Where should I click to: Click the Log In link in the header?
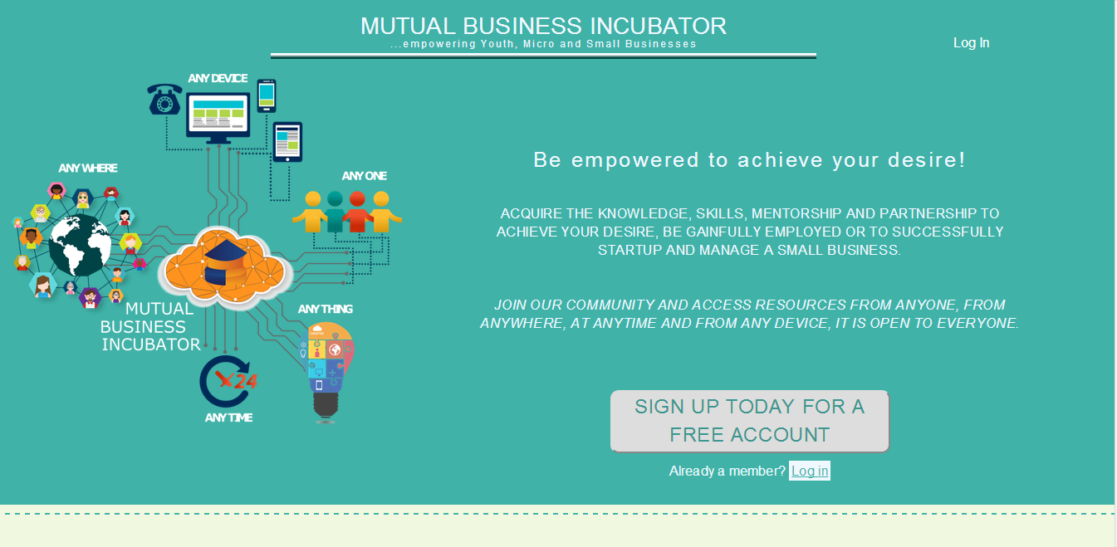point(971,43)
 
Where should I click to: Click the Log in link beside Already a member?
point(810,471)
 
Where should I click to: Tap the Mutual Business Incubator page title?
point(543,26)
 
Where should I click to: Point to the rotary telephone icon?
point(164,99)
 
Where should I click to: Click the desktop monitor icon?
point(218,118)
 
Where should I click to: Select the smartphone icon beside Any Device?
point(267,95)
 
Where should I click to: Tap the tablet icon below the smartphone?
point(287,142)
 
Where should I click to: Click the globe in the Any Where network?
point(80,245)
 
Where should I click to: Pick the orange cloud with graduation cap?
point(224,266)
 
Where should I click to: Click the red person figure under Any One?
point(357,212)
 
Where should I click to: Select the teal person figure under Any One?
point(335,212)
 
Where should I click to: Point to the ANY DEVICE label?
point(218,78)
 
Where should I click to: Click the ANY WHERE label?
point(88,168)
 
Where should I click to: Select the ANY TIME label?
point(228,418)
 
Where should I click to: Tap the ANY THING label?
point(325,309)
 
